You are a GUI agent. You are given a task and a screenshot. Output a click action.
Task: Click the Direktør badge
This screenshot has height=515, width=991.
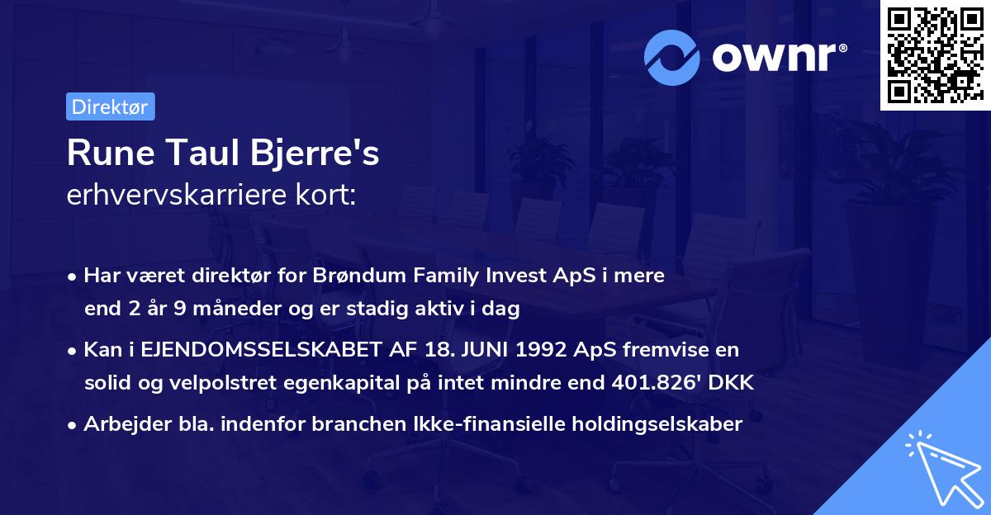110,106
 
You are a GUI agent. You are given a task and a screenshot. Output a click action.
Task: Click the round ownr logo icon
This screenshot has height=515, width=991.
672,58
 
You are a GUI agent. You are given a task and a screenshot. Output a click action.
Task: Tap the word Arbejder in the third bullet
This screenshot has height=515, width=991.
120,424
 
